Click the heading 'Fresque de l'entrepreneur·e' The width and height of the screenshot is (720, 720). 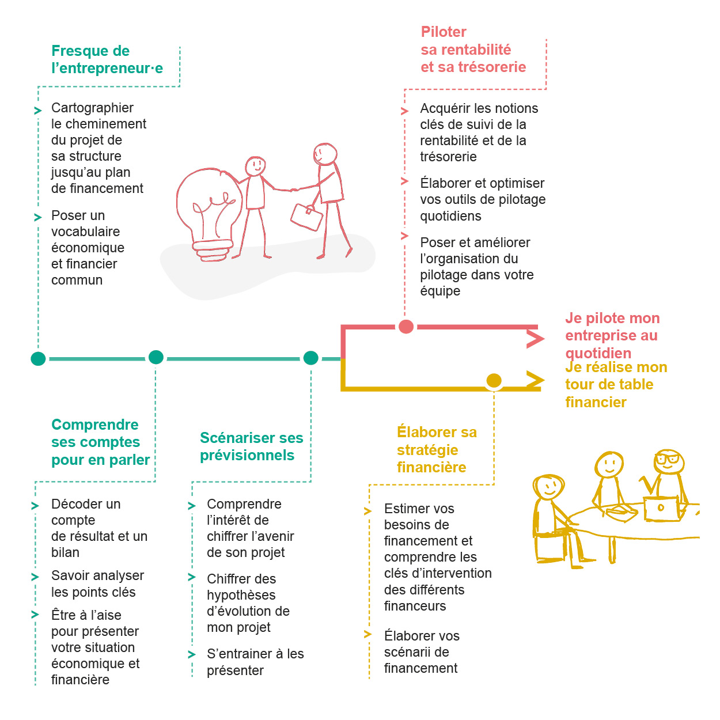tap(107, 59)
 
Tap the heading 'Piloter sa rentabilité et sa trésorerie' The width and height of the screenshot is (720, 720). tap(473, 50)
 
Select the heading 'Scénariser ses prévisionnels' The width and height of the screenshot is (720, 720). tap(251, 446)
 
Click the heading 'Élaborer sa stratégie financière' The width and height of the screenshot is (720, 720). tap(437, 449)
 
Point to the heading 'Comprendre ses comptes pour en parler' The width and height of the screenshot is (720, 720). tap(100, 442)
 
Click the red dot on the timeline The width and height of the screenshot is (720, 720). tap(406, 327)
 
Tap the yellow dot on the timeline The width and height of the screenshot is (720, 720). tap(494, 381)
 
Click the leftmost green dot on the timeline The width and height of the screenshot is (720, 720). tap(38, 359)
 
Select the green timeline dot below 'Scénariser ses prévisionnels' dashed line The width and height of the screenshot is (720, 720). tap(310, 358)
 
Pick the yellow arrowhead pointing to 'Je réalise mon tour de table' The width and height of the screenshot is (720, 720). tap(535, 380)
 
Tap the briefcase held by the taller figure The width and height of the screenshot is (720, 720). tap(306, 217)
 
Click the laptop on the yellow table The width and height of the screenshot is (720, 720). tap(661, 508)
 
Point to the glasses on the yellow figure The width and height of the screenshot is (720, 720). tap(668, 460)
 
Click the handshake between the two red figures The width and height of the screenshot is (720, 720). tap(293, 189)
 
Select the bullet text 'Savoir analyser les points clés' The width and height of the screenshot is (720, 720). tap(97, 583)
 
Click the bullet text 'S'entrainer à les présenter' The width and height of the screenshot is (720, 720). tap(255, 662)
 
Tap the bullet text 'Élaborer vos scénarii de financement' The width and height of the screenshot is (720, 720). tap(422, 651)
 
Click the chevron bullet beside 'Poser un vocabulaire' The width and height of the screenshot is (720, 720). tap(38, 217)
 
